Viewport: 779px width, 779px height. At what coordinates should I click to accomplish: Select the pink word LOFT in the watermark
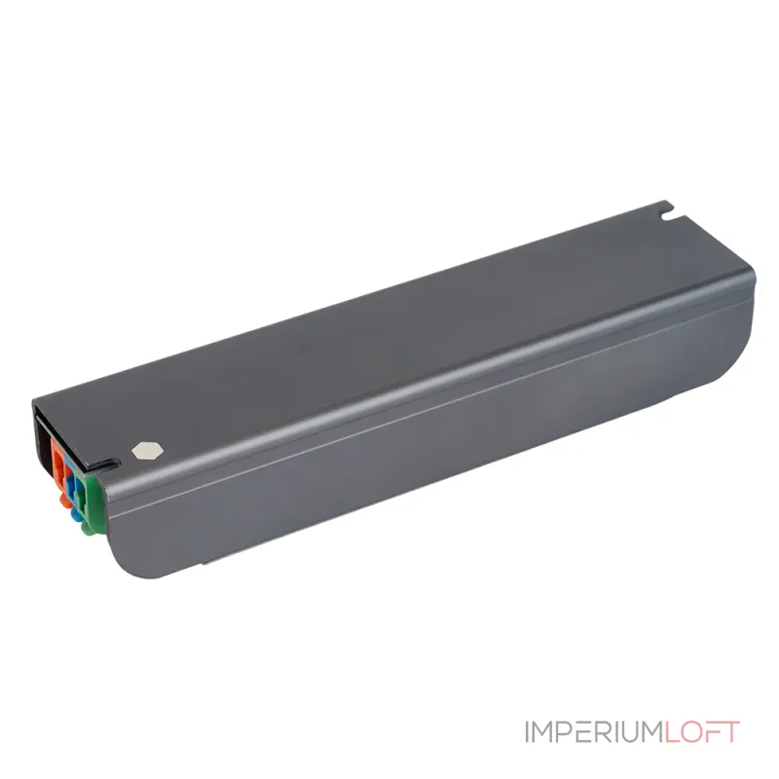click(701, 732)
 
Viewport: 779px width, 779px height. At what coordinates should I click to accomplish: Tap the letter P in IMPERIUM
click(559, 732)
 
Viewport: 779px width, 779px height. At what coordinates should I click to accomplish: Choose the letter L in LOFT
click(672, 732)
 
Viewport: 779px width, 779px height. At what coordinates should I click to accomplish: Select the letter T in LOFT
click(731, 732)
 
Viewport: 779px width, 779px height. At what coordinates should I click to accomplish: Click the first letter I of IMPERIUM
click(526, 732)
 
